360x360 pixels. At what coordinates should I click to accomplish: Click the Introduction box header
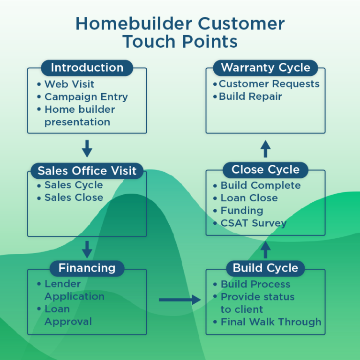click(x=87, y=67)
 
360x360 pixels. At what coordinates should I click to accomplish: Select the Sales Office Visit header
click(x=87, y=170)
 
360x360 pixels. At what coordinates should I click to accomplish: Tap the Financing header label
click(x=87, y=268)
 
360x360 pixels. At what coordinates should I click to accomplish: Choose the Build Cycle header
click(x=265, y=268)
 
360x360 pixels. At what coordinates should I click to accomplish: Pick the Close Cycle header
click(x=265, y=169)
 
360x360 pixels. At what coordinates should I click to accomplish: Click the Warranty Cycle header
click(x=265, y=67)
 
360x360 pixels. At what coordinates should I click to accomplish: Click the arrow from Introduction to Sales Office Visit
click(x=87, y=148)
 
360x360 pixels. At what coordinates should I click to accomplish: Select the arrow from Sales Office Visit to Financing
click(x=87, y=249)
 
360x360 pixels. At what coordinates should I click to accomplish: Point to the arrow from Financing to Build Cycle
click(x=180, y=300)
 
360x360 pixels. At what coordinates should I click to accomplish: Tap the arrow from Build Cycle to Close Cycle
click(x=265, y=249)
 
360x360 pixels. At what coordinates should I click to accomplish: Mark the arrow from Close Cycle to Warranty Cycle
click(x=265, y=148)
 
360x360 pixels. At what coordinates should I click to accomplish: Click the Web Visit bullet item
click(x=69, y=84)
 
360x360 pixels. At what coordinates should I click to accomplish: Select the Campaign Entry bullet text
click(x=86, y=97)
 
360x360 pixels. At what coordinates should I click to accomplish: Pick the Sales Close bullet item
click(x=74, y=198)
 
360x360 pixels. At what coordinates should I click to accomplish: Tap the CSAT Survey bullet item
click(x=253, y=223)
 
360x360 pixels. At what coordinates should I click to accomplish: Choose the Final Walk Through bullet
click(x=271, y=322)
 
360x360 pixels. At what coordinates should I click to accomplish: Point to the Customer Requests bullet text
click(x=269, y=84)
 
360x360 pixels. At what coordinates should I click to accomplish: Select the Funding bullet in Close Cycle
click(x=242, y=211)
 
